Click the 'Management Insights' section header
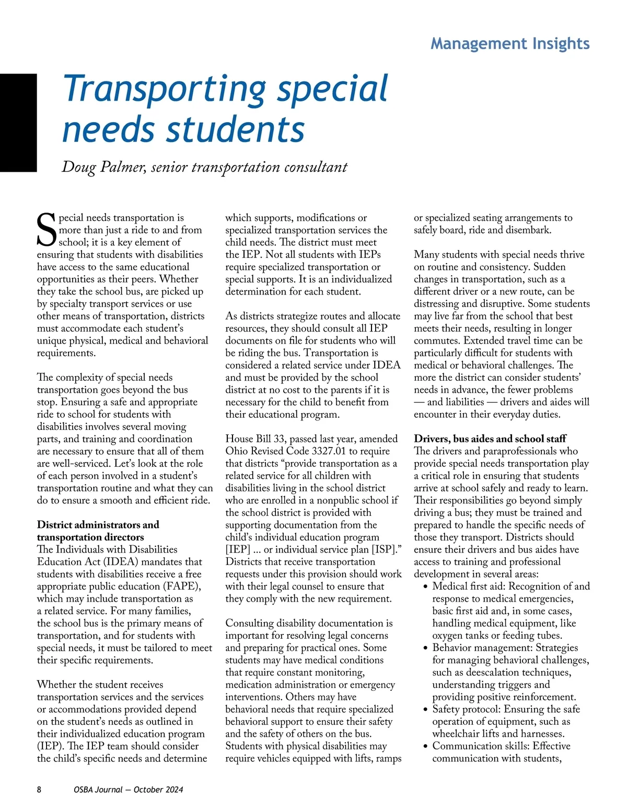(x=510, y=43)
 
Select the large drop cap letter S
(x=47, y=230)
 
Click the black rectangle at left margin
(x=18, y=123)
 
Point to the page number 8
(x=39, y=790)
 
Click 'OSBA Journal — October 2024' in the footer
(x=129, y=790)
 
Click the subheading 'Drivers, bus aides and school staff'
(x=490, y=439)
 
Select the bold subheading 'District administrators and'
(x=98, y=525)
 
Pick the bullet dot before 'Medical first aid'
(x=426, y=587)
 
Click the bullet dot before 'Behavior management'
(x=426, y=648)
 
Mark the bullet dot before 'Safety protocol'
(x=426, y=710)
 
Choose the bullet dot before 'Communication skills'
(x=426, y=746)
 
